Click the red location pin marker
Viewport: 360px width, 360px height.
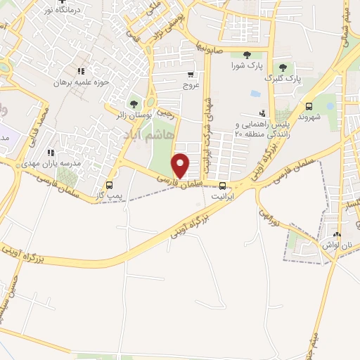[181, 166]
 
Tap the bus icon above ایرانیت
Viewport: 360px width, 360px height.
[223, 186]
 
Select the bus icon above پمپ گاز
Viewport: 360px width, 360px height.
[108, 186]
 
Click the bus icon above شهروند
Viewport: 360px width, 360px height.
[309, 106]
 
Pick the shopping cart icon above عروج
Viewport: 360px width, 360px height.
[191, 74]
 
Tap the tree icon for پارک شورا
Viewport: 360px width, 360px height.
[246, 55]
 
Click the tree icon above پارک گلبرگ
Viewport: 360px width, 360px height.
[283, 67]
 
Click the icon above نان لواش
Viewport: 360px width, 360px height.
[338, 235]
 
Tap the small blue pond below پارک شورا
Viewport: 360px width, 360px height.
[255, 94]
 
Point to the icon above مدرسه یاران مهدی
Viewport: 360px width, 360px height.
[51, 153]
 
